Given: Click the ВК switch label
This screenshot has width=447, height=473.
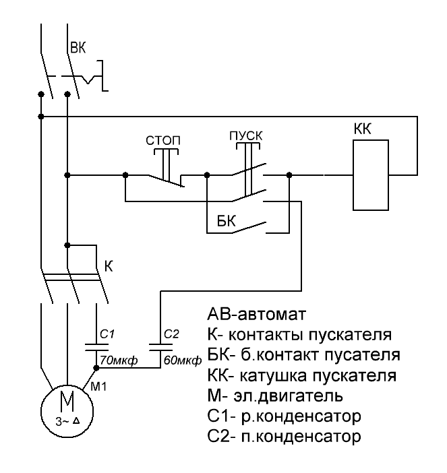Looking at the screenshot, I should pyautogui.click(x=78, y=48).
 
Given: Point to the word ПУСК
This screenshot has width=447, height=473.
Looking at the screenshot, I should pyautogui.click(x=246, y=135).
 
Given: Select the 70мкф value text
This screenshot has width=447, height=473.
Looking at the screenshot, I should pyautogui.click(x=119, y=360).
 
